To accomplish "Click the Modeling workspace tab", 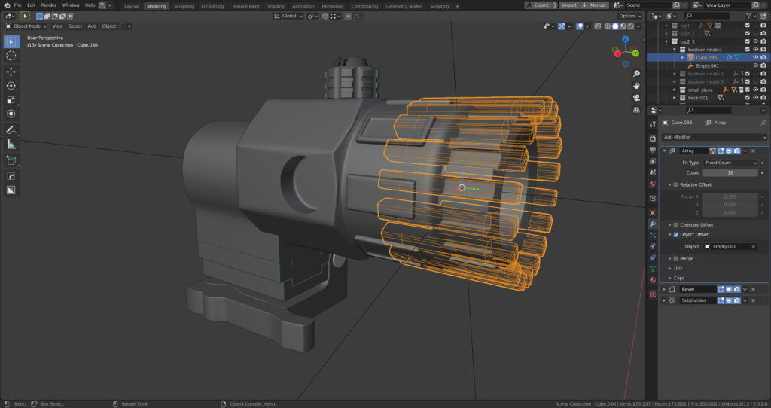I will pos(157,5).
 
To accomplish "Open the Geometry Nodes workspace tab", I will pos(405,5).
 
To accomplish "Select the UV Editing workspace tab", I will pos(212,5).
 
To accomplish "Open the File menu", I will pos(17,5).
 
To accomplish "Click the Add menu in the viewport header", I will pos(92,26).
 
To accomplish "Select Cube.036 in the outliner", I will pos(706,57).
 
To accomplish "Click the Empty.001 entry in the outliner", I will pos(707,65).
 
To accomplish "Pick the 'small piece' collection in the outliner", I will pos(699,90).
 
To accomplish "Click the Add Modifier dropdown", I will pos(714,137).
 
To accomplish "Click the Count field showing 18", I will pos(730,172).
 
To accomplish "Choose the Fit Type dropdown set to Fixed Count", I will pos(730,163).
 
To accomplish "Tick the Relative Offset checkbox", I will pos(676,184).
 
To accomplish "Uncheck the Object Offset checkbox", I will pos(676,234).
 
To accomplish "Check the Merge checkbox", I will pos(676,258).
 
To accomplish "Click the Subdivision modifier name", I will pos(696,300).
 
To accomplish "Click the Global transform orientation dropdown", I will pos(289,16).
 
